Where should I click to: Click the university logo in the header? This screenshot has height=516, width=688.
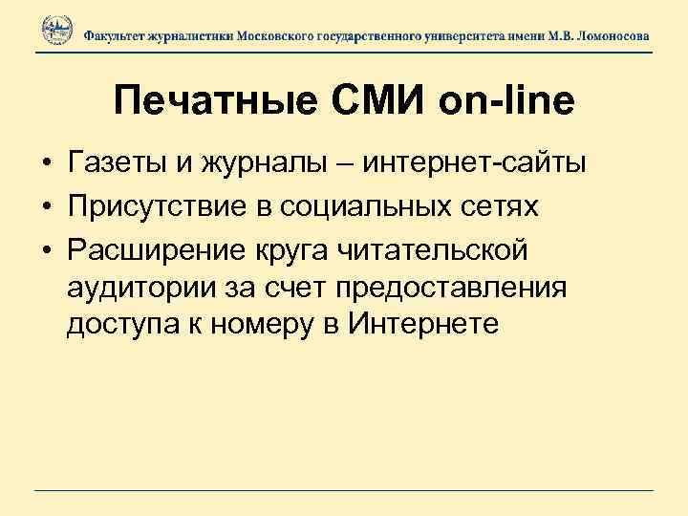click(56, 32)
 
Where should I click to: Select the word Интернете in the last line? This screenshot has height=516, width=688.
click(424, 326)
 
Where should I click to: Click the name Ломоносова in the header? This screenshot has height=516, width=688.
click(610, 34)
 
